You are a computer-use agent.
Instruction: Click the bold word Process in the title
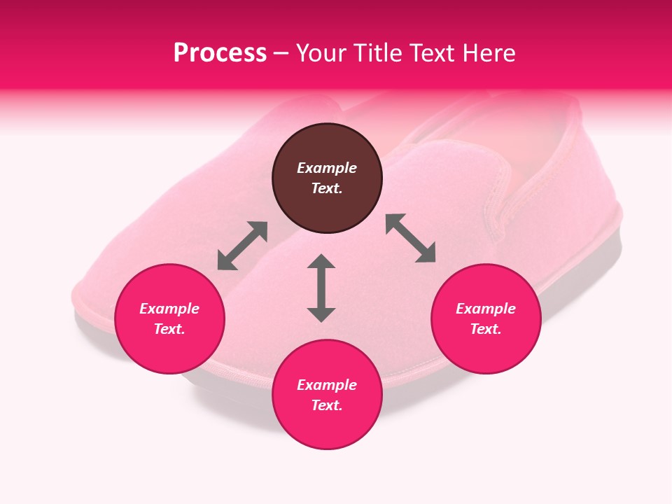220,53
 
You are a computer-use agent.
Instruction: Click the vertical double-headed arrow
321,288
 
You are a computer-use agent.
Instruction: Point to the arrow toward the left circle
242,246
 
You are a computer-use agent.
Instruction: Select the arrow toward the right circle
410,238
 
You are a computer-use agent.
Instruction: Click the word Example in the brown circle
327,168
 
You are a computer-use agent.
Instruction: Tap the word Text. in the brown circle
327,188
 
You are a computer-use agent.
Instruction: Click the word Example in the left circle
169,309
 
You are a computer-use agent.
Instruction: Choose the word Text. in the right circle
486,329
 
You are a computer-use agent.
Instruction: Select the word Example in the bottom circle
327,385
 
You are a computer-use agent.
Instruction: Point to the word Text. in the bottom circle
327,405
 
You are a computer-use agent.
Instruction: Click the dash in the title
281,53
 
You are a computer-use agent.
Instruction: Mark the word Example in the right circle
486,309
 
